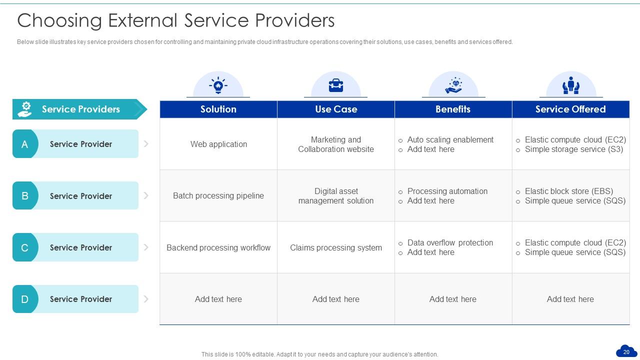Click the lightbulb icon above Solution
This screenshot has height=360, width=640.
click(218, 85)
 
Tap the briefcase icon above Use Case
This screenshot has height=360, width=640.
click(336, 85)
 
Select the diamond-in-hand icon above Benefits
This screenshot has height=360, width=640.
click(453, 85)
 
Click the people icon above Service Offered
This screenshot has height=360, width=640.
click(570, 85)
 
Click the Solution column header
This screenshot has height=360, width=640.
click(218, 109)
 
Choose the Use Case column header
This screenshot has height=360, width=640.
click(336, 109)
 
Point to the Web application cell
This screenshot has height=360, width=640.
click(218, 144)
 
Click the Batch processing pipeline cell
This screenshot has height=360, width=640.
click(218, 195)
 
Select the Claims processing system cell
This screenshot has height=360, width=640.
click(336, 247)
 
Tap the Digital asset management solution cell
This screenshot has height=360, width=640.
click(336, 195)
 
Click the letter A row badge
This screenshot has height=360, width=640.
click(24, 144)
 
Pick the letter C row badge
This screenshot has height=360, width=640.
click(24, 247)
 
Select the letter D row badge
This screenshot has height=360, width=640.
click(24, 299)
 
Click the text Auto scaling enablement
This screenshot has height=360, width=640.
click(450, 139)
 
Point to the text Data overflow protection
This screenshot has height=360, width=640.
click(450, 242)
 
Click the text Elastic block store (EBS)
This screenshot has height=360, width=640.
click(568, 191)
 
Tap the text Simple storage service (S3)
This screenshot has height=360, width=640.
click(573, 149)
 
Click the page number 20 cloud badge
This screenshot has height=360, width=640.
click(626, 351)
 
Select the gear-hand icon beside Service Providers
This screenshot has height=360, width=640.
click(24, 109)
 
